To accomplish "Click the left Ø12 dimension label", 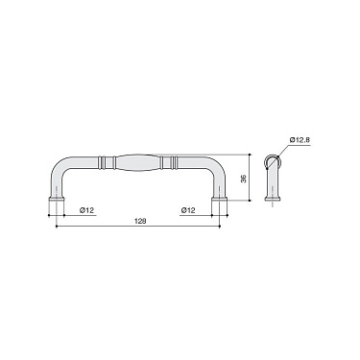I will [85, 208].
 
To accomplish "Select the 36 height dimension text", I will [244, 178].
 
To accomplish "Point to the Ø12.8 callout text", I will [300, 140].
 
